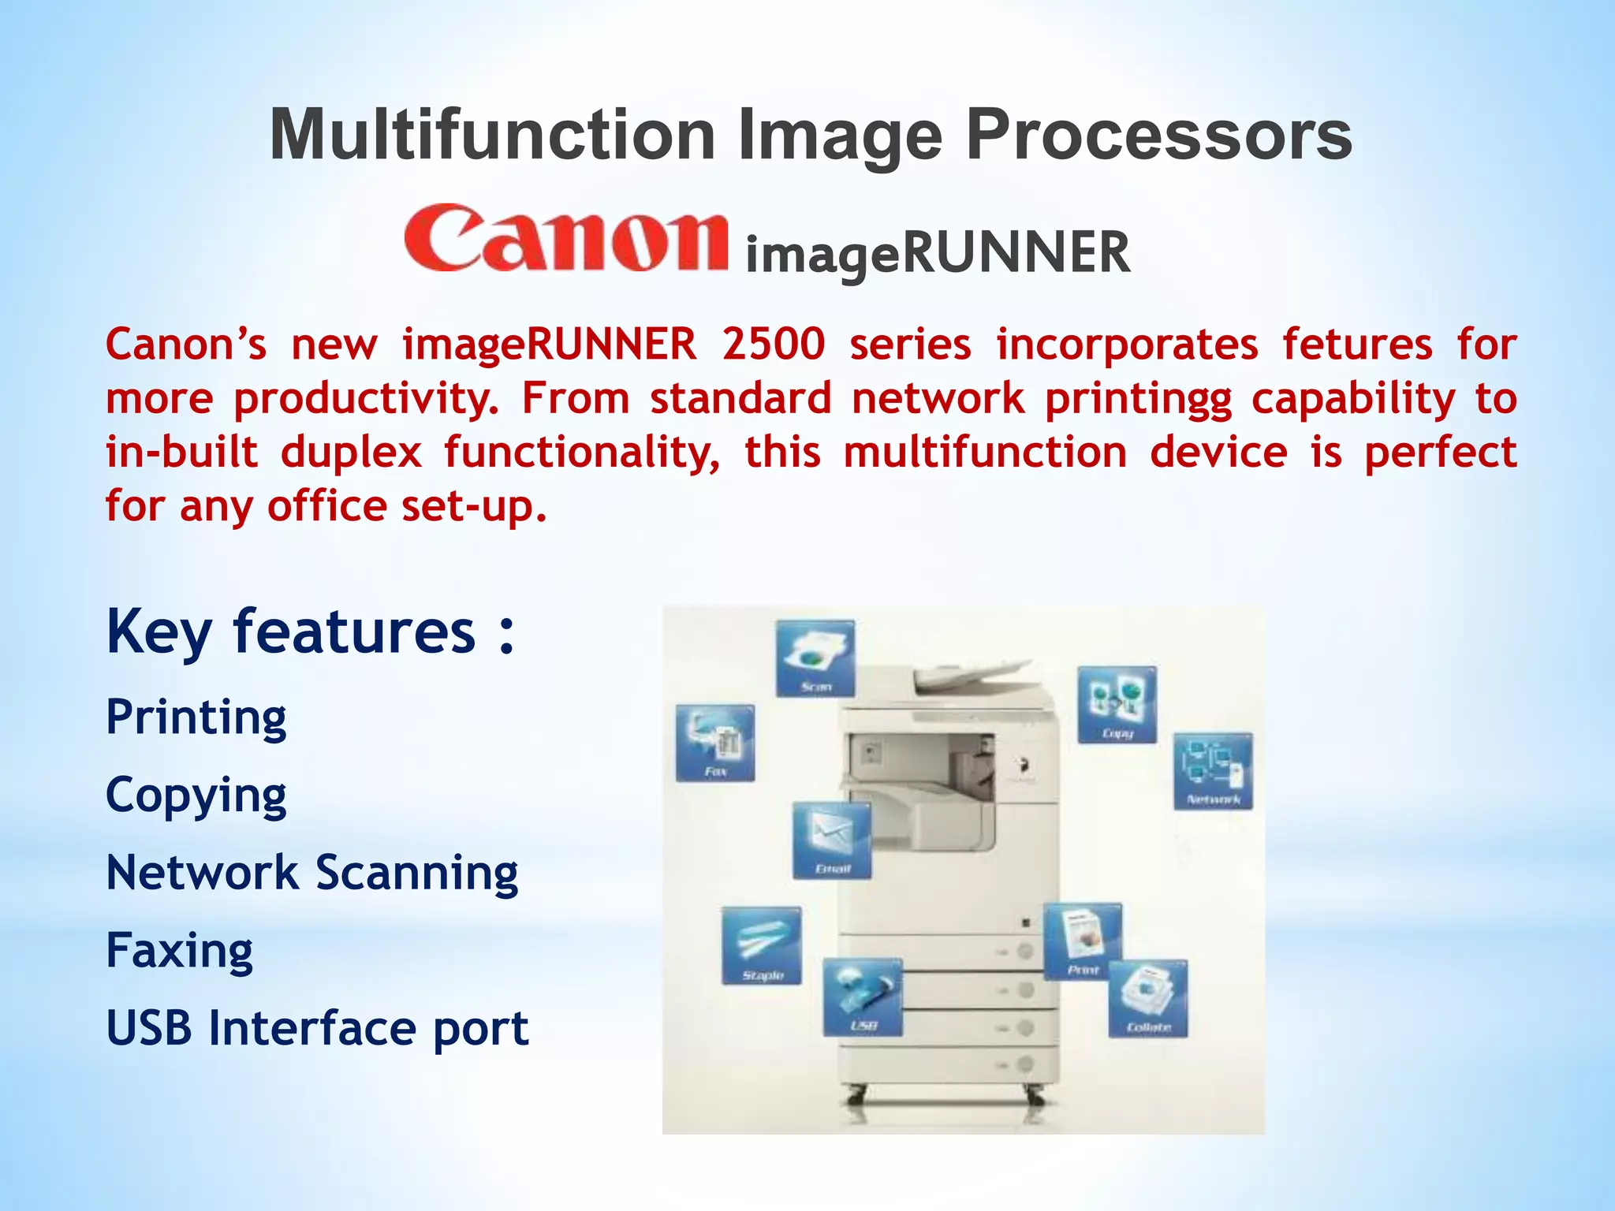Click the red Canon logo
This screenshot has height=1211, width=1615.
point(565,238)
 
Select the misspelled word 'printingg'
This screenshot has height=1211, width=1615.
point(1138,398)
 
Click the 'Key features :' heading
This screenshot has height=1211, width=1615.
point(311,632)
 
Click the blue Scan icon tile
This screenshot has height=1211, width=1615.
point(815,658)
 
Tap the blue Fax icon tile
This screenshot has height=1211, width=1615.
point(715,743)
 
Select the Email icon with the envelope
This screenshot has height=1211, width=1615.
point(832,840)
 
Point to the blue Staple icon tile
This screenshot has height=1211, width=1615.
point(762,945)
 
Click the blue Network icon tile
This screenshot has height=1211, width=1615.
point(1213,770)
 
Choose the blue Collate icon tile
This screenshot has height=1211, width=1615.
point(1148,998)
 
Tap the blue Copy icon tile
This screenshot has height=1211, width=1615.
point(1117,704)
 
